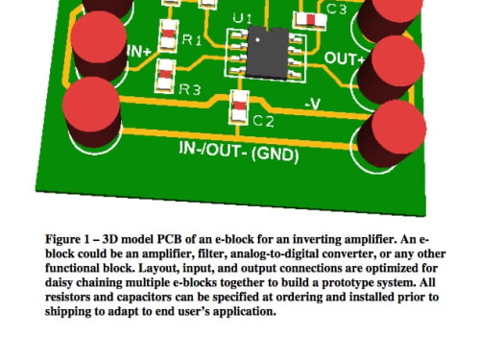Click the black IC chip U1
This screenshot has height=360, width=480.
point(268,53)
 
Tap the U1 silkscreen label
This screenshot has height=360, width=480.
point(242,18)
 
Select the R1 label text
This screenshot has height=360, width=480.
point(192,40)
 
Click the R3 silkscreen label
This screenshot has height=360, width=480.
point(190,89)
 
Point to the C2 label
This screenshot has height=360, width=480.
point(263,121)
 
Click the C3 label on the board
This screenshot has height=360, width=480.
point(336,9)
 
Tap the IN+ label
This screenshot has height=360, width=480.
point(138,51)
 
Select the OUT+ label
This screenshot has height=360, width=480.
point(345,59)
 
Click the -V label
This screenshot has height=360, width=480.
point(312,104)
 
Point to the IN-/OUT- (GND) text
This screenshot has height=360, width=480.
point(239,152)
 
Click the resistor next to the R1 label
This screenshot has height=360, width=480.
point(168,36)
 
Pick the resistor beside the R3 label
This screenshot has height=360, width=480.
point(165,77)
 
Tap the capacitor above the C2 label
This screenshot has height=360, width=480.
point(239,108)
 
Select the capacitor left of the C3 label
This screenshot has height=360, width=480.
point(310,20)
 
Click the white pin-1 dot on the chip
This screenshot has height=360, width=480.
point(257,40)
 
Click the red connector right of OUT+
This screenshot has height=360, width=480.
point(392,69)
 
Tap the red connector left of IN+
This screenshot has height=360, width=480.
point(99,45)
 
